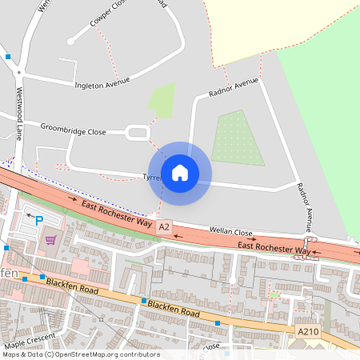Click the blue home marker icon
pyautogui.click(x=180, y=172)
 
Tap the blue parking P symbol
pyautogui.click(x=38, y=218)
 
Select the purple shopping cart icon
pyautogui.click(x=50, y=239)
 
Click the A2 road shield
pyautogui.click(x=165, y=227)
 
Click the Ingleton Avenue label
pyautogui.click(x=102, y=84)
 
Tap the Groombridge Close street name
pyautogui.click(x=74, y=129)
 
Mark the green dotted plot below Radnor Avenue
pyautogui.click(x=238, y=138)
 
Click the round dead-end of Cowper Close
pyautogui.click(x=70, y=40)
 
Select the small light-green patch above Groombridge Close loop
pyautogui.click(x=162, y=100)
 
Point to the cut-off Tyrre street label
pyautogui.click(x=152, y=176)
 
